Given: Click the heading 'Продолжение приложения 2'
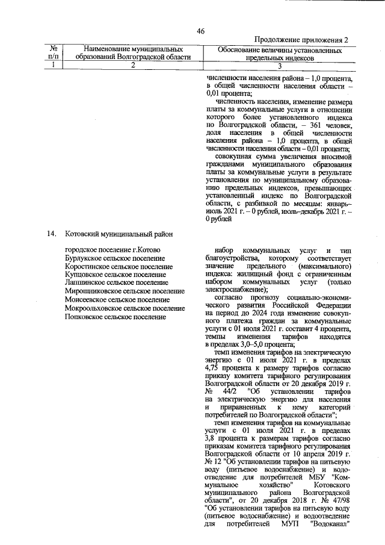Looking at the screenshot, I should (301, 40).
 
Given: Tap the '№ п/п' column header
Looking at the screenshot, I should (54, 52).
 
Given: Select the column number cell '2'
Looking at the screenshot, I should (133, 66).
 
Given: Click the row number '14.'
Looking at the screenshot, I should (53, 234).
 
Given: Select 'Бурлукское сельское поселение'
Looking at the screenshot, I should (113, 258).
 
